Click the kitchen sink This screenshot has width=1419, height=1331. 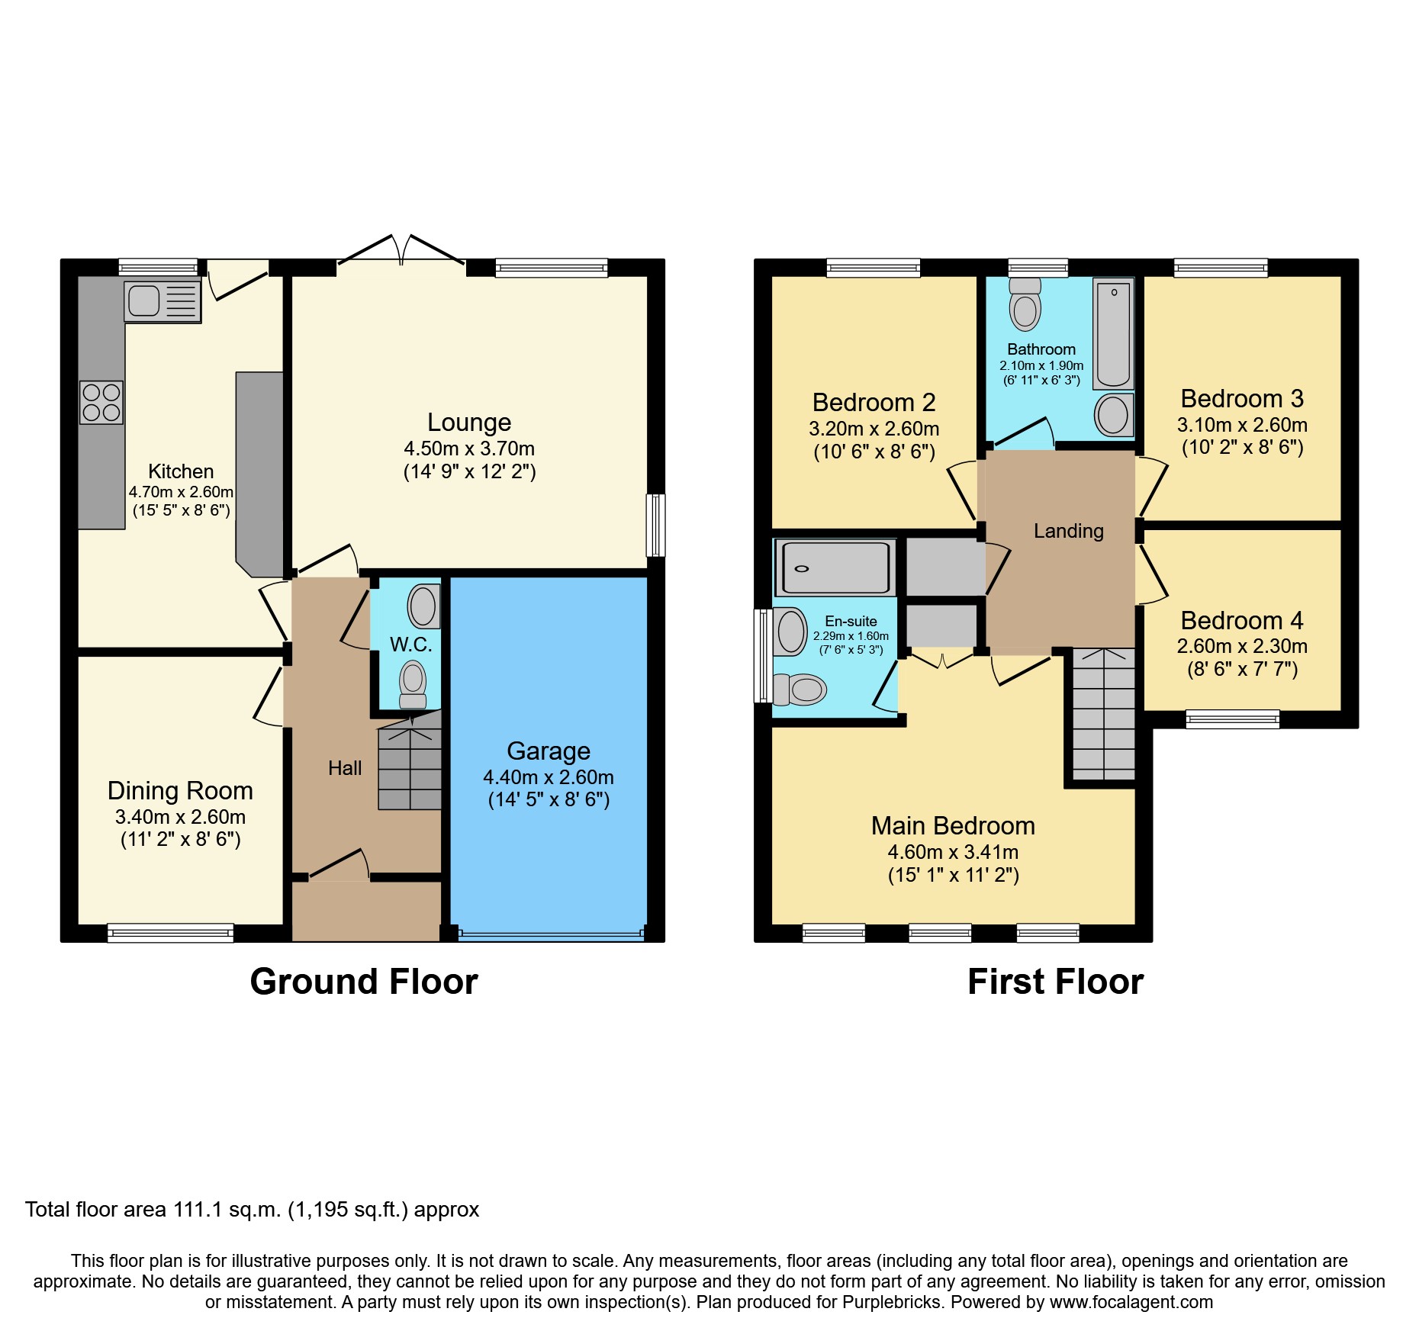coord(162,301)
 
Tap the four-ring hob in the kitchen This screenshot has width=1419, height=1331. coord(101,403)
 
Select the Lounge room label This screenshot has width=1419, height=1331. coord(468,423)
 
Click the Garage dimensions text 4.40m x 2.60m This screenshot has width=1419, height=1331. coord(548,777)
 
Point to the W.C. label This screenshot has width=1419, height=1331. coord(410,645)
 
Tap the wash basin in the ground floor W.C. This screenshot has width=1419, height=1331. coord(423,606)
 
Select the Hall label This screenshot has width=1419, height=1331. coord(344,768)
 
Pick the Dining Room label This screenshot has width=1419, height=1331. coord(180,791)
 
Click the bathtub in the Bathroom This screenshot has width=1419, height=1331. coord(1113,334)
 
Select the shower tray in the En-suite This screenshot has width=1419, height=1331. coord(835,567)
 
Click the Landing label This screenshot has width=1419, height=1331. coord(1068,531)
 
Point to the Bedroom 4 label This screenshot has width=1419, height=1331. coord(1241,621)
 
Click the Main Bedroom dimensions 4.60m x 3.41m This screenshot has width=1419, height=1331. coord(953,852)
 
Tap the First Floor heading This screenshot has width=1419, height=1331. coord(1055,982)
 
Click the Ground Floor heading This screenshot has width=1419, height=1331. coord(364,982)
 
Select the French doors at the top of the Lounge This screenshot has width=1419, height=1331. coord(401,252)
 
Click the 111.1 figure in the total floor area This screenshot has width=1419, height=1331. coord(198,1210)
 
